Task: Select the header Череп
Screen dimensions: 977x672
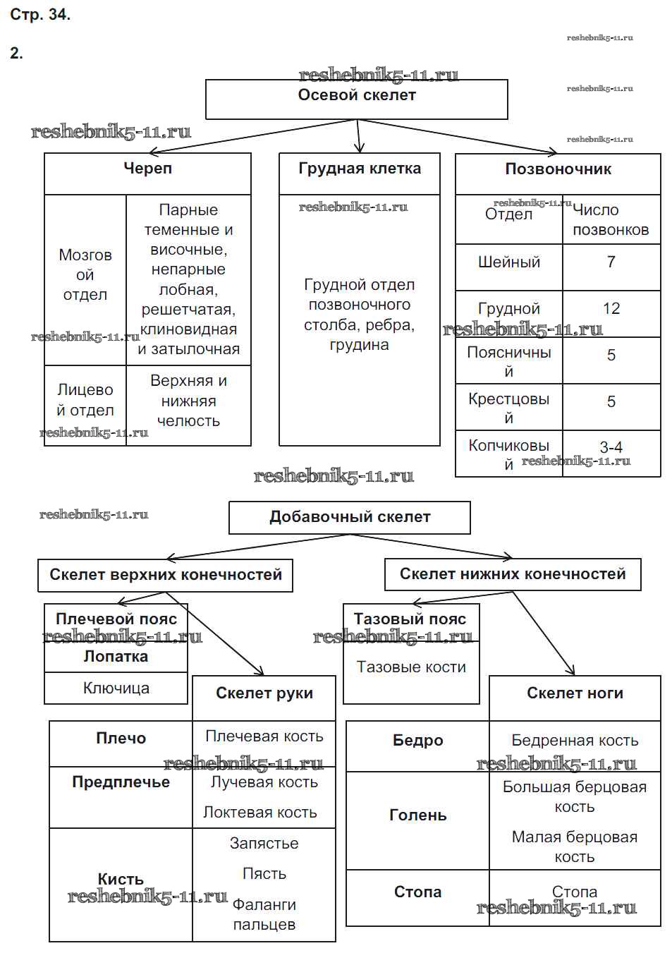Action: click(x=147, y=169)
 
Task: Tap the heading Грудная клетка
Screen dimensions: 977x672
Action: click(x=360, y=169)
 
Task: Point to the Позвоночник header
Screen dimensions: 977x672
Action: click(x=558, y=169)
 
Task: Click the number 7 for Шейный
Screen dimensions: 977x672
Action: click(x=611, y=262)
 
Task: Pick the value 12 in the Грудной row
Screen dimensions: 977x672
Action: click(x=611, y=309)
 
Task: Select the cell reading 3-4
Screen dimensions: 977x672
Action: click(x=611, y=447)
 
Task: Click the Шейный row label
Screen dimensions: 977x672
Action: click(x=509, y=262)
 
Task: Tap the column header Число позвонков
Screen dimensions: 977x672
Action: click(x=611, y=220)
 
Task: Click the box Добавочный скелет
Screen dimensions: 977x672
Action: click(x=350, y=517)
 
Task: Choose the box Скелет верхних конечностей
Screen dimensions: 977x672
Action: click(x=166, y=575)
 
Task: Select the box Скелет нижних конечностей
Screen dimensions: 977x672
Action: click(x=513, y=574)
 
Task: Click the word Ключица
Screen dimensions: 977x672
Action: click(x=116, y=688)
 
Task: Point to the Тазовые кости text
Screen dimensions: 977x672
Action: click(x=411, y=667)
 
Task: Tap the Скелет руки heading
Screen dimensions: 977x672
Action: click(x=264, y=693)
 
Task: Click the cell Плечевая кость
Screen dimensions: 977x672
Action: click(x=264, y=736)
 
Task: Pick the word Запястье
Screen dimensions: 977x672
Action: click(x=264, y=844)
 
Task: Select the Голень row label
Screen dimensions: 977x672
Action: click(x=418, y=815)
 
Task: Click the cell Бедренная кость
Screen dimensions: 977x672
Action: click(x=575, y=741)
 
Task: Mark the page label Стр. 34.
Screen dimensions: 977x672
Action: click(x=40, y=15)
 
